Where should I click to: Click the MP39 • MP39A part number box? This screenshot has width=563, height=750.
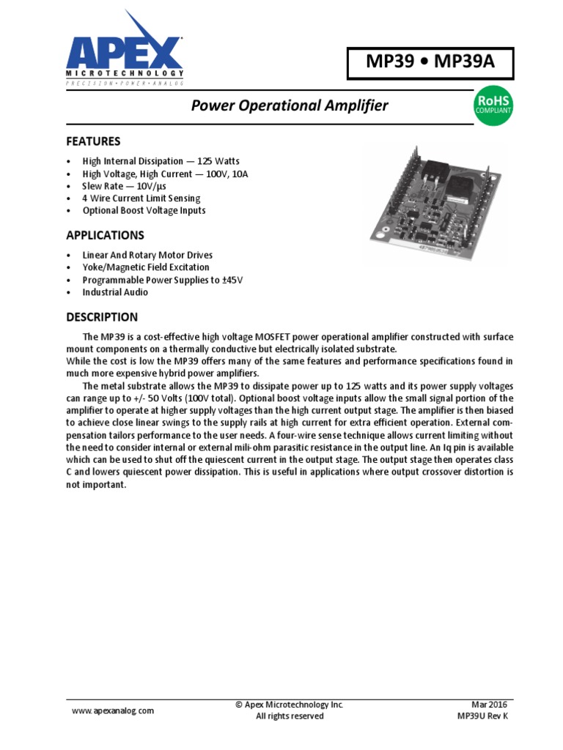(430, 64)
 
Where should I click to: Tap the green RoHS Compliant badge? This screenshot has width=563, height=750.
(495, 105)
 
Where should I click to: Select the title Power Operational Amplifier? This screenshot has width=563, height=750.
(290, 106)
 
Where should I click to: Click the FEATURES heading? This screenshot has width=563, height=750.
(93, 141)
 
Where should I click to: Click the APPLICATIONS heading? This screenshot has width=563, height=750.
(105, 235)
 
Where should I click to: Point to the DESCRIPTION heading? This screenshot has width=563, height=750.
(102, 317)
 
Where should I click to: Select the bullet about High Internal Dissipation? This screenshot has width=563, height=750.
(161, 161)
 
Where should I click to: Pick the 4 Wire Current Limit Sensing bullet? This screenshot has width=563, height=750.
(141, 198)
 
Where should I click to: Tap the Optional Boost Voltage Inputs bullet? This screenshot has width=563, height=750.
(144, 211)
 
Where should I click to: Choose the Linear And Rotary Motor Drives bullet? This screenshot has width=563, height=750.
(147, 255)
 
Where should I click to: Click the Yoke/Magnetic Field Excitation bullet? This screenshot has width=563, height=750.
(146, 267)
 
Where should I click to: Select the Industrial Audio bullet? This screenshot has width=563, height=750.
(115, 292)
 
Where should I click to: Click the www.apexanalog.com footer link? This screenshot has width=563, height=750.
(113, 710)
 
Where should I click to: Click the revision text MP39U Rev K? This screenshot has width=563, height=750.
(482, 716)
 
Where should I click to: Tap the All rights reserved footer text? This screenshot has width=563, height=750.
(290, 716)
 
